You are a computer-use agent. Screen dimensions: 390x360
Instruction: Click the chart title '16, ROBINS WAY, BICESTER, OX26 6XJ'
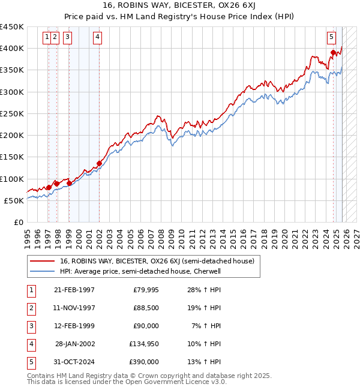point(180,7)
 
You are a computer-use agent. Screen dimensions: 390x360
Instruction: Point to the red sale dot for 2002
point(99,163)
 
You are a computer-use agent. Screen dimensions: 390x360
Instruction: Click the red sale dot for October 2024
point(333,53)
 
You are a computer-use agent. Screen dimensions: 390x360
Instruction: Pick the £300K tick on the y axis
point(12,92)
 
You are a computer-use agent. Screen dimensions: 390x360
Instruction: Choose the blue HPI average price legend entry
point(140,271)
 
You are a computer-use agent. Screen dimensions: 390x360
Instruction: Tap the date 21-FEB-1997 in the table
point(74,290)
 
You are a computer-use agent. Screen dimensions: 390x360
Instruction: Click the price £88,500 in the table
point(146,308)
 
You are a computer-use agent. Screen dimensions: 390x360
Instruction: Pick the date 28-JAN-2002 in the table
point(74,344)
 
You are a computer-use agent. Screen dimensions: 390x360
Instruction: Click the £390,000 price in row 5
point(144,362)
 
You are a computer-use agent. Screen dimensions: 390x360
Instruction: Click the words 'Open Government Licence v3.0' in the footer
point(176,382)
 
